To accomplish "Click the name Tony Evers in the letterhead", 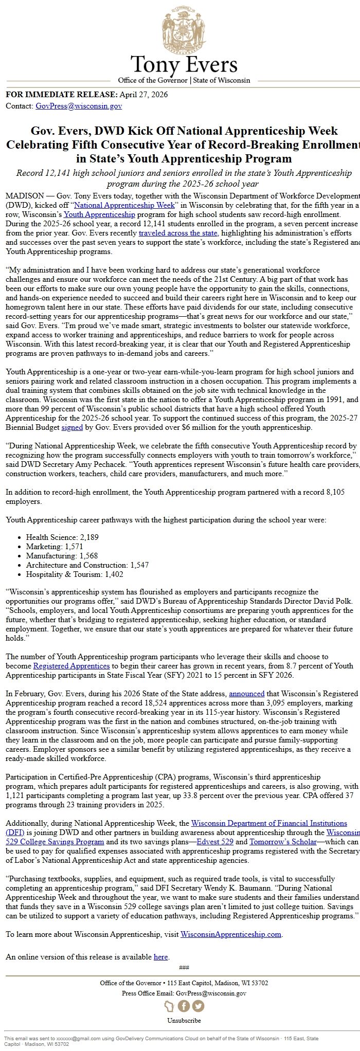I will click(184, 65).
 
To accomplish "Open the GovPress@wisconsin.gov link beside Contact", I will click(79, 106).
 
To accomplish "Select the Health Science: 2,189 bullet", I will click(62, 537).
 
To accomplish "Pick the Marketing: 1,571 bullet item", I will click(55, 547).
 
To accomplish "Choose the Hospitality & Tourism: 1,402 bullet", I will click(75, 574).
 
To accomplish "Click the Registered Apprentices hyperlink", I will click(71, 666).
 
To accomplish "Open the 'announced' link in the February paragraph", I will click(246, 694).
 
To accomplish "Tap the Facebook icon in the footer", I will click(184, 1006).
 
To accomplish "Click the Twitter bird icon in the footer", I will click(198, 1006).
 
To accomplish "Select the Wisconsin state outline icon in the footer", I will click(169, 1006).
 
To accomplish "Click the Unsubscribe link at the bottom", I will click(184, 1020).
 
